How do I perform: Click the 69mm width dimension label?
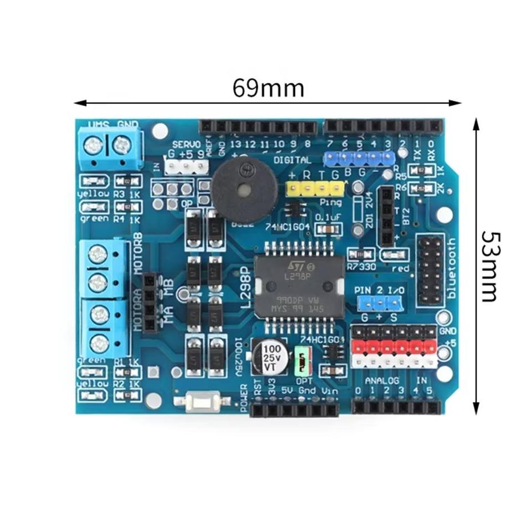click(x=268, y=88)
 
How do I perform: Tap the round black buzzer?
click(x=244, y=190)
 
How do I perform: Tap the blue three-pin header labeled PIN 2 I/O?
click(x=380, y=303)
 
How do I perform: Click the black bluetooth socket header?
click(x=430, y=270)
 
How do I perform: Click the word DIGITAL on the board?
click(x=292, y=160)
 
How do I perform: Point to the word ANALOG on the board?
click(x=382, y=381)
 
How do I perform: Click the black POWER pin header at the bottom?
click(x=294, y=410)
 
